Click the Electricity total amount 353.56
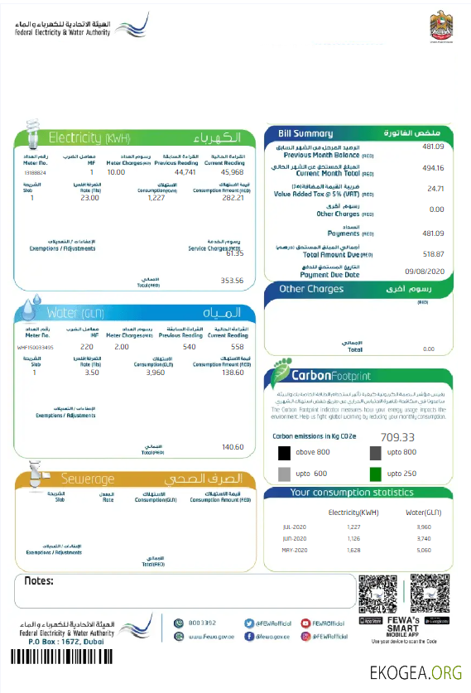(x=232, y=281)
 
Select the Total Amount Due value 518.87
(x=433, y=254)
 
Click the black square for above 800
(x=284, y=452)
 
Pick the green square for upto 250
(x=375, y=474)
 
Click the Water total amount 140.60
(x=233, y=447)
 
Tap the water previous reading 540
(x=189, y=347)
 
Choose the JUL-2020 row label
(x=295, y=527)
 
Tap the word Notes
(x=39, y=581)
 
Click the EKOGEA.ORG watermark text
(x=416, y=671)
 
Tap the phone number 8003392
(x=202, y=622)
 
